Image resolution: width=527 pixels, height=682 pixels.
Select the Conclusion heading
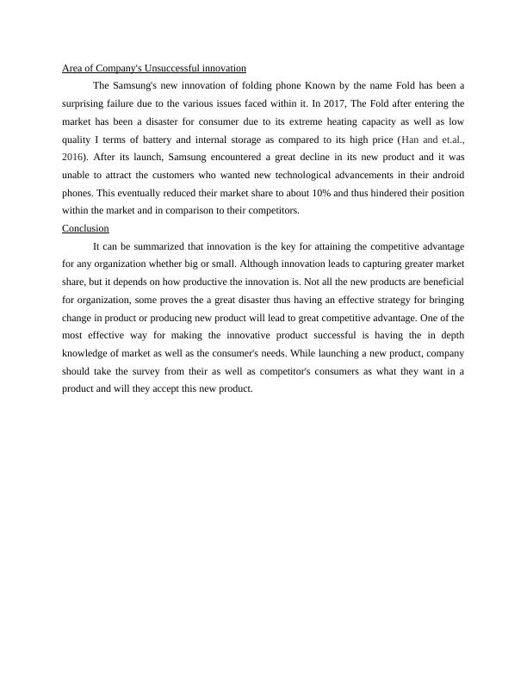click(85, 228)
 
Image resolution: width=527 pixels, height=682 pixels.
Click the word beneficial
click(439, 282)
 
